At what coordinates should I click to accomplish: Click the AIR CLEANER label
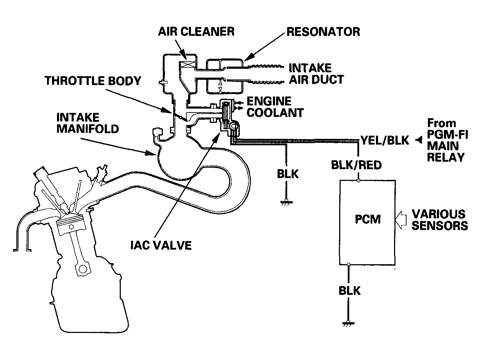point(196,32)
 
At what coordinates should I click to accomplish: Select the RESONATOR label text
point(323,32)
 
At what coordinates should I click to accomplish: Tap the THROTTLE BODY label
point(93,81)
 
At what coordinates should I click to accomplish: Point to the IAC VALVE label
point(161,245)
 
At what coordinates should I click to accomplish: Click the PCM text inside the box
point(368,219)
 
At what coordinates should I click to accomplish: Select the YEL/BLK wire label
point(385,140)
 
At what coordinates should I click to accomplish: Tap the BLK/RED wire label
point(356,165)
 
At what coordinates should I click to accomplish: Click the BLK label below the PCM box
point(350,291)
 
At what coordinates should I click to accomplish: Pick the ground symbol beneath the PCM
point(348,324)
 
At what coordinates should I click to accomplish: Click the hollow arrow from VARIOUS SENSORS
point(401,220)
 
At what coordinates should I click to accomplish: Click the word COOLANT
point(275,113)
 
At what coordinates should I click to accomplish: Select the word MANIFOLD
point(88,129)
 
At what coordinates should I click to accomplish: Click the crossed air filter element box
point(186,64)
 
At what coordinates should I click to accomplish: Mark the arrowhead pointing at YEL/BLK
point(419,140)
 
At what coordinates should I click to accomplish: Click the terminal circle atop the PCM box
point(358,181)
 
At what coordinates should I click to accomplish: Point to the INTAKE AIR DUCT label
point(316,74)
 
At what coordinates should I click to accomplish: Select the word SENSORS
point(440,226)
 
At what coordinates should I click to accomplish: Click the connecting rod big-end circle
point(83,269)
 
